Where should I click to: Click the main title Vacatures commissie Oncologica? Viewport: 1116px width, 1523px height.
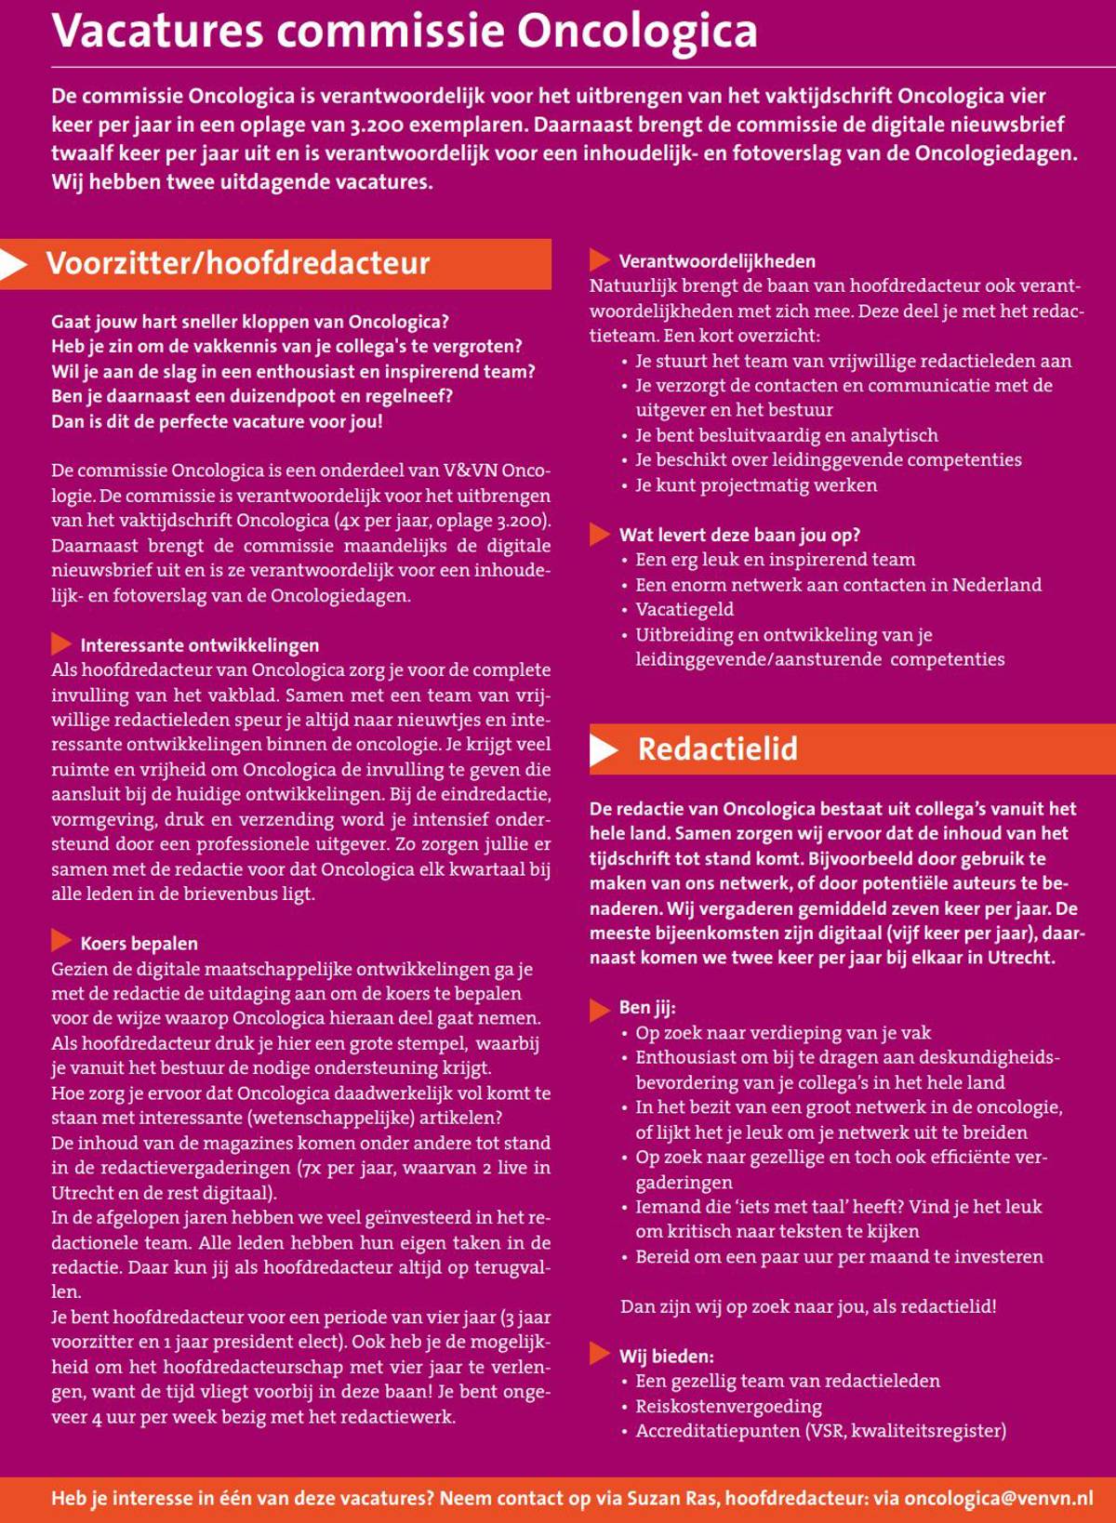pyautogui.click(x=405, y=32)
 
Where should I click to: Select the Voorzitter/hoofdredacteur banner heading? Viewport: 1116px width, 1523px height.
pyautogui.click(x=238, y=263)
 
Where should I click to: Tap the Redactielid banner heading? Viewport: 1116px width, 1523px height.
pyautogui.click(x=717, y=748)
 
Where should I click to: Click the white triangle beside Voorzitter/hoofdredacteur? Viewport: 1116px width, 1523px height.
pyautogui.click(x=13, y=264)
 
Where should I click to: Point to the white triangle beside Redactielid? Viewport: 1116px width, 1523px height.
pyautogui.click(x=604, y=749)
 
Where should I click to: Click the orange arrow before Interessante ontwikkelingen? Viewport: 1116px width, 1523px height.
pyautogui.click(x=61, y=643)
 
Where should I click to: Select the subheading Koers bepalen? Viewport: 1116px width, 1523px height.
pyautogui.click(x=139, y=943)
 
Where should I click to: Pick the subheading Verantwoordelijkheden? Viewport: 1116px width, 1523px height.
pyautogui.click(x=717, y=261)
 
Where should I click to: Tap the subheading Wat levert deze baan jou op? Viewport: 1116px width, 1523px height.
pyautogui.click(x=739, y=535)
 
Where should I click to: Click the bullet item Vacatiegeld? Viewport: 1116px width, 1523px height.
pyautogui.click(x=684, y=609)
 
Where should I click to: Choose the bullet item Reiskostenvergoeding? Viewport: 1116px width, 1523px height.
pyautogui.click(x=728, y=1406)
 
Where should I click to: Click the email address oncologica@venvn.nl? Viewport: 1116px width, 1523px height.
pyautogui.click(x=998, y=1498)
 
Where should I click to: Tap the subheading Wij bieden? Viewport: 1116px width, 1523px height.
pyautogui.click(x=666, y=1356)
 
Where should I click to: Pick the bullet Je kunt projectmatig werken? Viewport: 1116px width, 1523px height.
pyautogui.click(x=756, y=484)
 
